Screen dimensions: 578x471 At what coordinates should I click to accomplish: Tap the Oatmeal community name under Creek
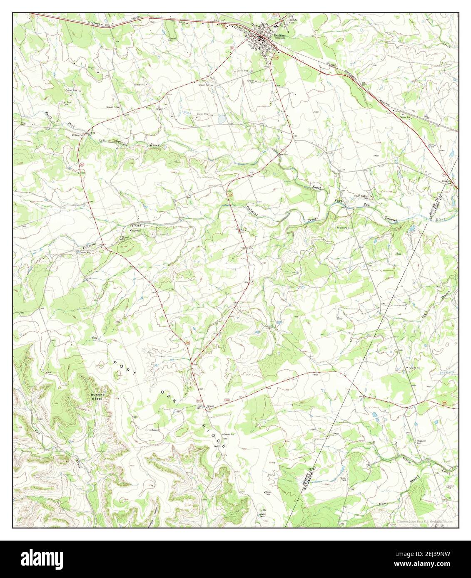pyautogui.click(x=135, y=230)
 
